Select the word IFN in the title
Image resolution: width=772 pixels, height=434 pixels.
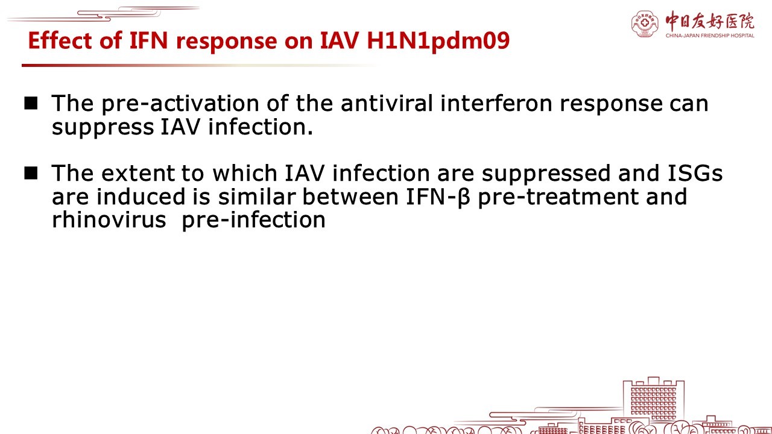(x=148, y=40)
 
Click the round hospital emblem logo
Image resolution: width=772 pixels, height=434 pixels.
(x=645, y=24)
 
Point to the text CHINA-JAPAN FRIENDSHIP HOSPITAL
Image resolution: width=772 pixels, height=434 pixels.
(x=710, y=36)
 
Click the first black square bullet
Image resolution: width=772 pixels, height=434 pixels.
(x=31, y=103)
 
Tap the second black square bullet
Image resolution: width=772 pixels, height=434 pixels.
(x=31, y=173)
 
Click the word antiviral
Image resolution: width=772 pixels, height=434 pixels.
(x=387, y=103)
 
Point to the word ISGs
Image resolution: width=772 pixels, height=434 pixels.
(x=695, y=173)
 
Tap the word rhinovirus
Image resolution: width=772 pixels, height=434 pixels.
(x=109, y=219)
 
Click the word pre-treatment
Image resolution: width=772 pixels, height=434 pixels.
(x=558, y=197)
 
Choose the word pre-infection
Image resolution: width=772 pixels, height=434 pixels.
(x=253, y=221)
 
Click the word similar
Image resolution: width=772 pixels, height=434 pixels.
(x=257, y=197)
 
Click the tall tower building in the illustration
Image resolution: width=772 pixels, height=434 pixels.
(x=653, y=400)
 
